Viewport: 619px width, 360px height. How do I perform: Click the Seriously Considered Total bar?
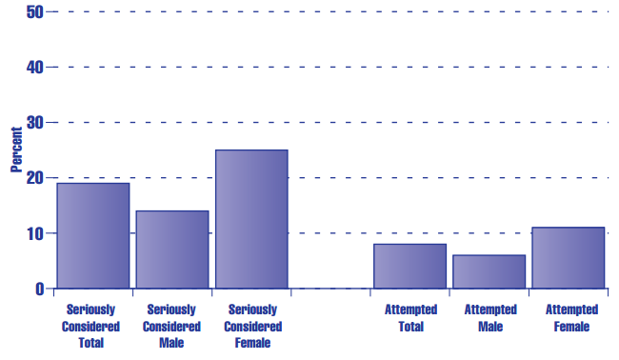coord(92,235)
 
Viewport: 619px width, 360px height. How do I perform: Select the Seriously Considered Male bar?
coord(171,250)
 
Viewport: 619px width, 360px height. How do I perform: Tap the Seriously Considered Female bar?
coord(251,219)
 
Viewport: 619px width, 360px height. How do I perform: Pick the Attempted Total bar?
coord(409,266)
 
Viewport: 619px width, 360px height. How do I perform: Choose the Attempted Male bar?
coord(489,271)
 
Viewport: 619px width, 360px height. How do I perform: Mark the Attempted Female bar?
coord(568,257)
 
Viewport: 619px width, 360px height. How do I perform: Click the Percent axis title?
coord(16,150)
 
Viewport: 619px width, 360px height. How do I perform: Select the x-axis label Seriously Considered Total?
coord(92,326)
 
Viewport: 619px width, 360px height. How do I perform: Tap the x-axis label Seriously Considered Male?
coord(171,326)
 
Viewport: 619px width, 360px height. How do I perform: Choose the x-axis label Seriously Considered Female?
coord(251,326)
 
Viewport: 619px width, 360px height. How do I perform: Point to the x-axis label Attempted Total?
coord(410,318)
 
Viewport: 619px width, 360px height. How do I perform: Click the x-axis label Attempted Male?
coord(489,318)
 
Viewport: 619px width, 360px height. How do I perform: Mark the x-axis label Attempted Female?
coord(569,318)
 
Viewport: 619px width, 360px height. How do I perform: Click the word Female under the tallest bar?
coord(251,343)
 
